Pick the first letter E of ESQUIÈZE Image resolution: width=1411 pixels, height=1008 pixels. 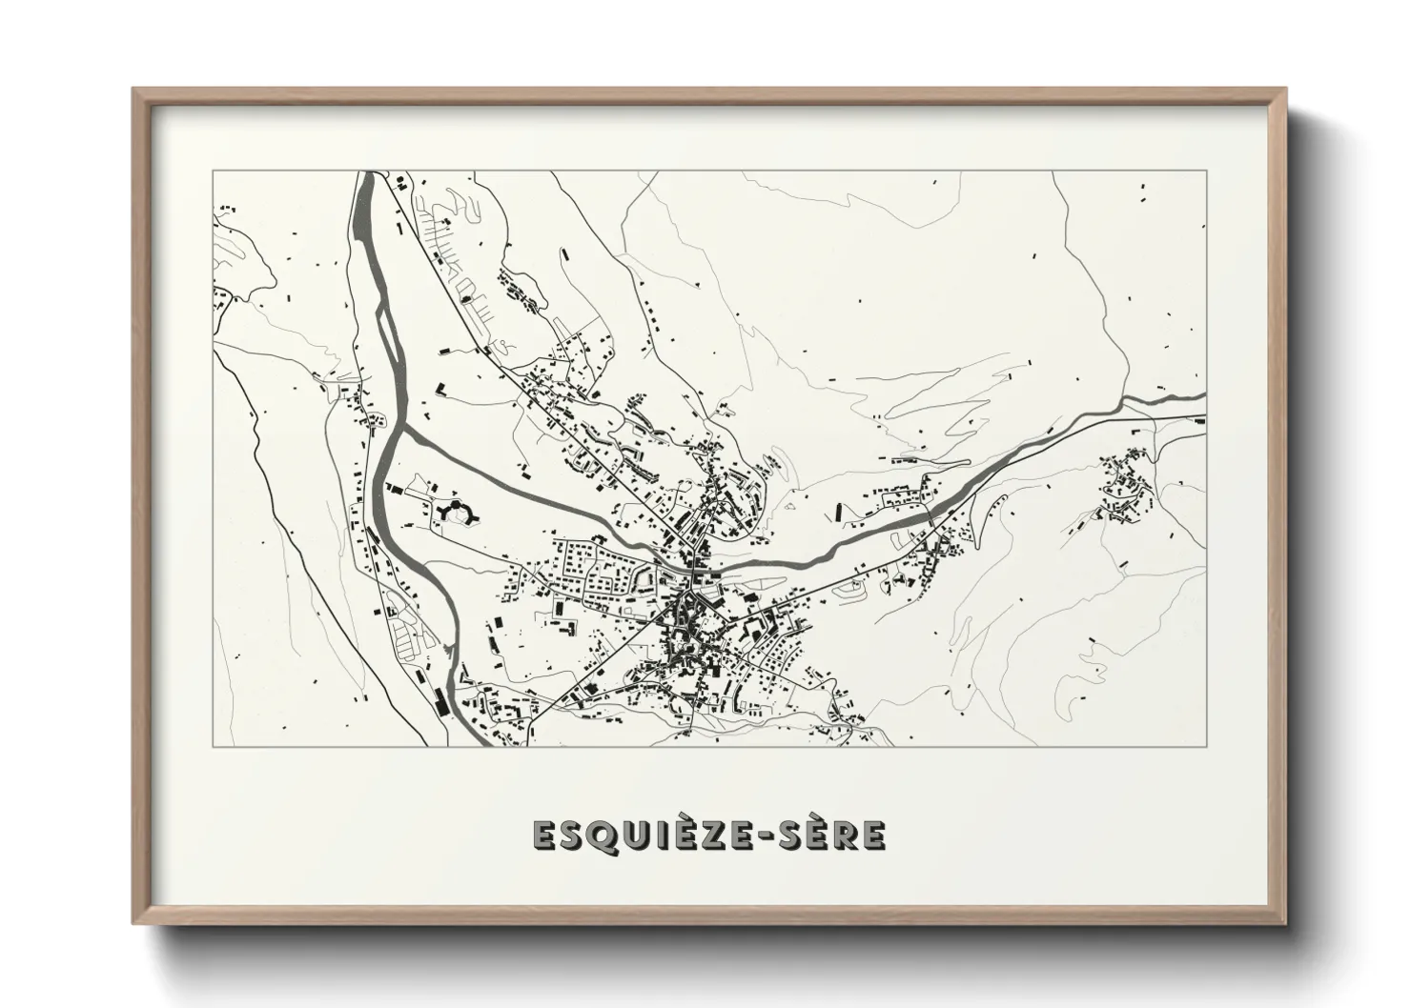tap(544, 835)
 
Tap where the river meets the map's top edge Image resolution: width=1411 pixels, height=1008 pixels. tap(367, 172)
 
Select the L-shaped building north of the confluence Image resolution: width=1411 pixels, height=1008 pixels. tap(442, 389)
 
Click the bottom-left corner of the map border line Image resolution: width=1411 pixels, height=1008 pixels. tap(213, 746)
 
